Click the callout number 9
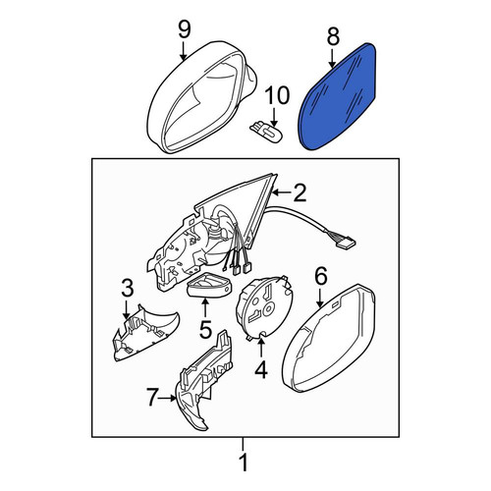pyautogui.click(x=185, y=29)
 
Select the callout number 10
pyautogui.click(x=277, y=95)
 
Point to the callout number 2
pyautogui.click(x=300, y=192)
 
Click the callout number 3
pyautogui.click(x=127, y=289)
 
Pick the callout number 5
pyautogui.click(x=205, y=329)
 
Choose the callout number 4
pyautogui.click(x=261, y=369)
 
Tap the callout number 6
pyautogui.click(x=321, y=276)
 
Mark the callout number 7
pyautogui.click(x=153, y=398)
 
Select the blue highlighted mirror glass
pyautogui.click(x=338, y=95)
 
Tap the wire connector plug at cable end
pyautogui.click(x=346, y=241)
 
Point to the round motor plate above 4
pyautogui.click(x=264, y=305)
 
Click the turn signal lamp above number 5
pyautogui.click(x=209, y=284)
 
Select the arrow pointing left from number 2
pyautogui.click(x=282, y=193)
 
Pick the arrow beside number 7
pyautogui.click(x=167, y=398)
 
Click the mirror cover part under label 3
pyautogui.click(x=144, y=334)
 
